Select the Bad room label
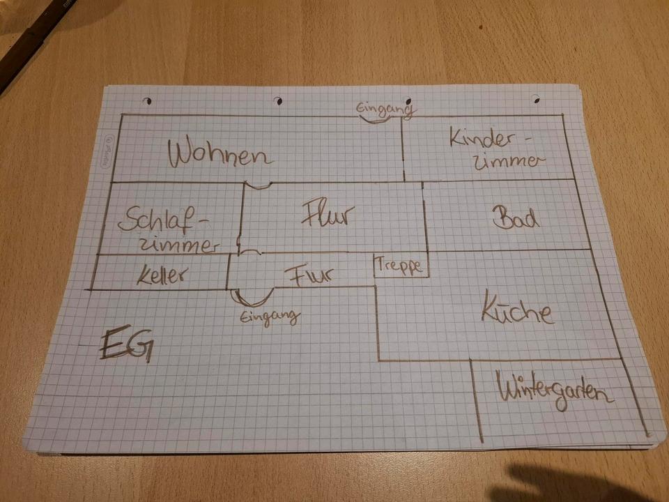click(516, 218)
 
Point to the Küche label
click(518, 312)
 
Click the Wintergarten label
click(555, 392)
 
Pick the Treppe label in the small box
click(401, 265)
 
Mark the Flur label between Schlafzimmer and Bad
click(328, 215)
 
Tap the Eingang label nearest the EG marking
click(270, 317)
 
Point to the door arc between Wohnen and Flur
click(258, 185)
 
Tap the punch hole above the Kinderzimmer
click(535, 98)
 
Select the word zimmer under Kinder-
click(506, 162)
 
